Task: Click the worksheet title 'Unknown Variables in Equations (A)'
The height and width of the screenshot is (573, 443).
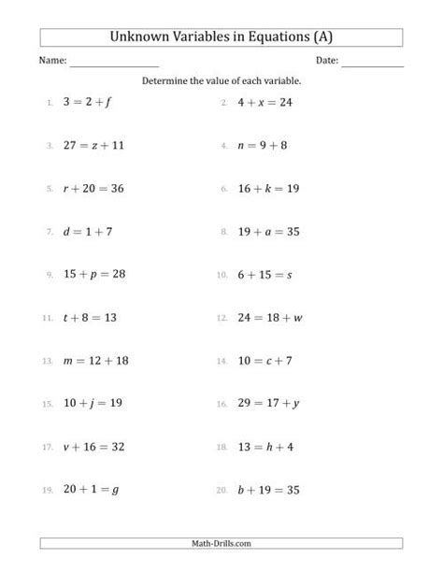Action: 221,38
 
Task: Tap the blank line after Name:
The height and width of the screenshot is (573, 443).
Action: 114,63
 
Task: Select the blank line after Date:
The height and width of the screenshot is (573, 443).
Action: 373,63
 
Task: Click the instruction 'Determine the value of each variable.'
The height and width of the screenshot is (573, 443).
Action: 221,81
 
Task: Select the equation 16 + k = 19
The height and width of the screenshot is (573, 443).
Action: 268,189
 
